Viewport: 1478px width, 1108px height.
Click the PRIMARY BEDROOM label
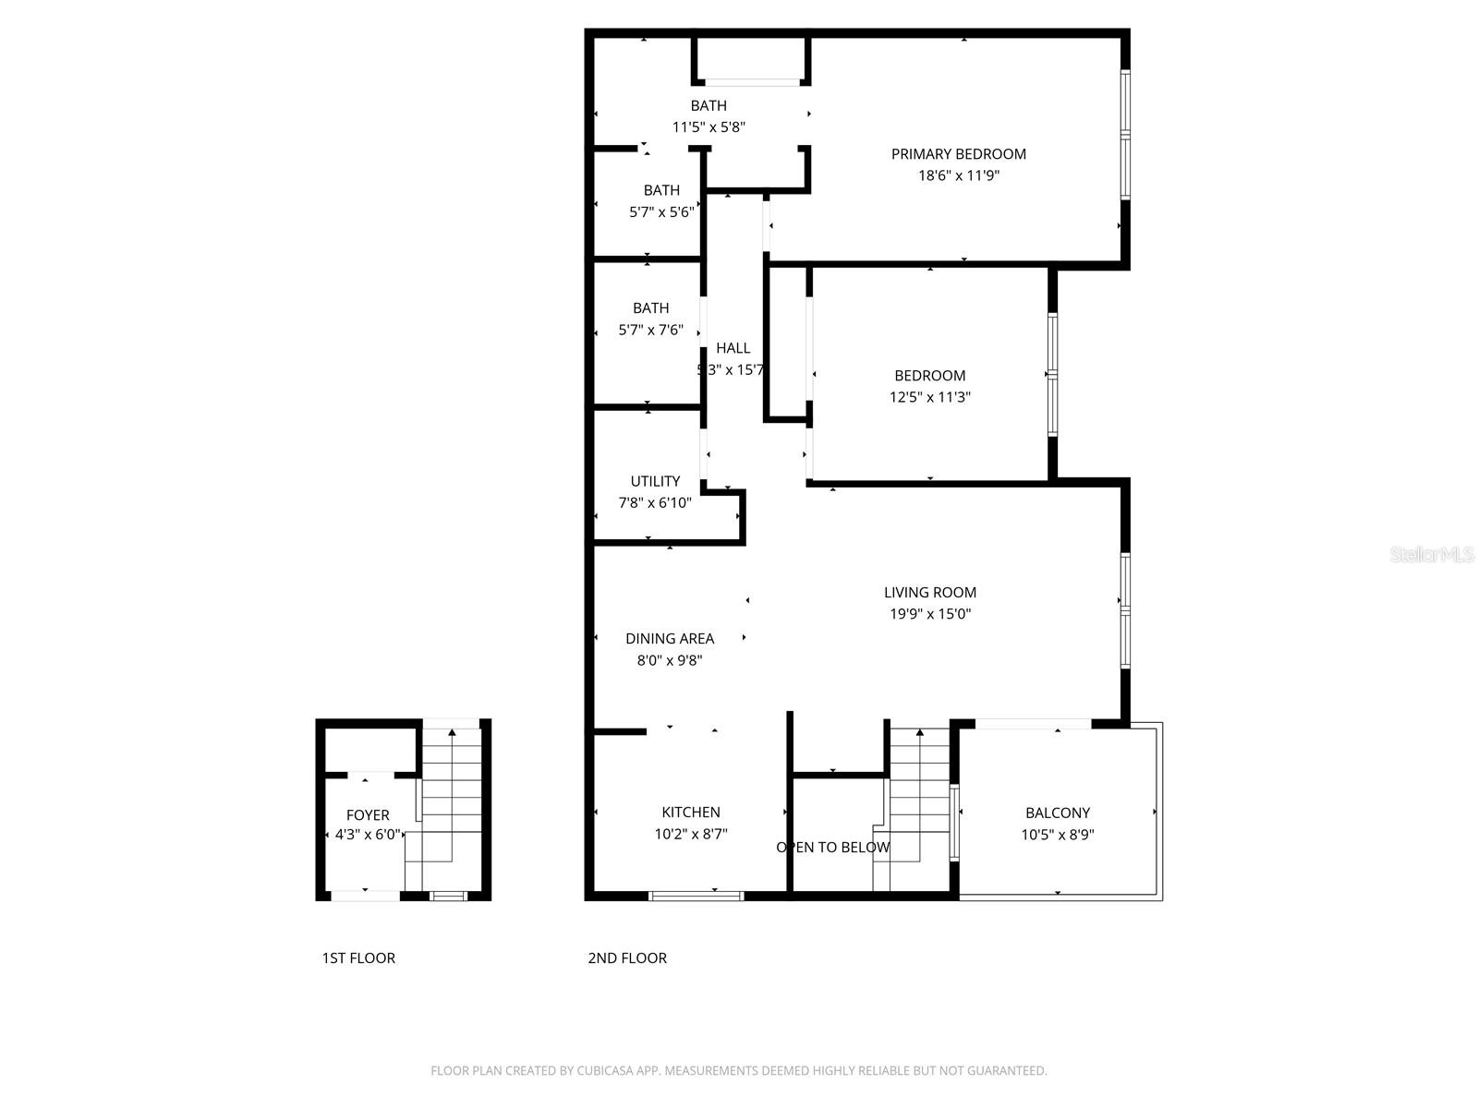pos(958,154)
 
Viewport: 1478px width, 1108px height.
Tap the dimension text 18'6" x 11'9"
pos(958,175)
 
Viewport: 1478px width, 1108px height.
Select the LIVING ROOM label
pos(929,593)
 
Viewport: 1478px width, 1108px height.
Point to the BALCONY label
pos(1057,813)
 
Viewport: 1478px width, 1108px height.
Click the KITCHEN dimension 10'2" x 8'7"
pos(690,835)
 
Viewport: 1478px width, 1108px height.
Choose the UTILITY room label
pos(655,481)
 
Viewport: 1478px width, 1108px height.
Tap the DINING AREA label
pos(669,639)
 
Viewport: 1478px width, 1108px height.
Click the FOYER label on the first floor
pos(368,815)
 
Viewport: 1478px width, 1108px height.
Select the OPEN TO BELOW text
pos(832,848)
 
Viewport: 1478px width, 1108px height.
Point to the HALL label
pos(733,348)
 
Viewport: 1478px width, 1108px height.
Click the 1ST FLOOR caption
pos(358,958)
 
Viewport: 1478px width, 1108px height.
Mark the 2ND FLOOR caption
pos(627,958)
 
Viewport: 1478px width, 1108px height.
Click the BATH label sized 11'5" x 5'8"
pos(709,106)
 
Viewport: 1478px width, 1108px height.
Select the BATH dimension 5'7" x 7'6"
pos(650,330)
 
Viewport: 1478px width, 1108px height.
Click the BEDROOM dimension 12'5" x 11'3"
pos(929,397)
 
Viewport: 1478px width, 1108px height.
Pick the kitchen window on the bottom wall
pos(697,895)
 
